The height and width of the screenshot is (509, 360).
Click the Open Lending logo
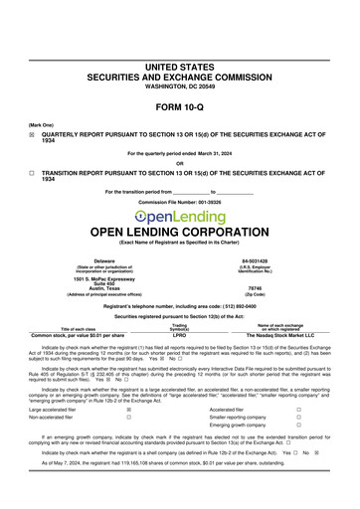[180, 217]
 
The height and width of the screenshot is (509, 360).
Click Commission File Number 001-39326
[180, 201]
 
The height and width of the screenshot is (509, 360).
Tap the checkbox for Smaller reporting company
[298, 418]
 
